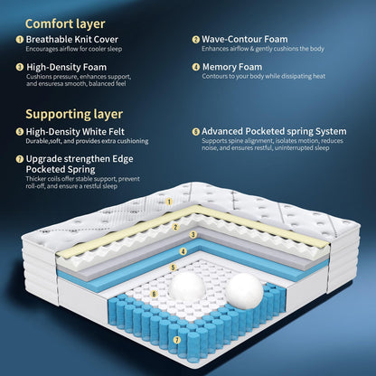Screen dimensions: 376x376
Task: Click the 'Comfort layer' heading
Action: coord(65,24)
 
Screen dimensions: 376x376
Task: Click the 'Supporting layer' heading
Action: coord(74,115)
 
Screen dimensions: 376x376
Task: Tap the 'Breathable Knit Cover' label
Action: coord(72,40)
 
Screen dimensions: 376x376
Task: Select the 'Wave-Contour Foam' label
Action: coord(245,39)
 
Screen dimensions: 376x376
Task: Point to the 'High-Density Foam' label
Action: coord(67,67)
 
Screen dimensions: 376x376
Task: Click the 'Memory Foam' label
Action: coord(232,67)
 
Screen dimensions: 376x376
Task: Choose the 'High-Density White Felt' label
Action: coord(75,132)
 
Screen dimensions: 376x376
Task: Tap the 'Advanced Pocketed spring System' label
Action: coord(274,131)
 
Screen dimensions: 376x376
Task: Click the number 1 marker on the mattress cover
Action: coord(169,202)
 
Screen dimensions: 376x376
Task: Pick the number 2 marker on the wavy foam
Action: coord(175,227)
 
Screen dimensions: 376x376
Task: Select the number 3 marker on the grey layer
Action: coord(193,235)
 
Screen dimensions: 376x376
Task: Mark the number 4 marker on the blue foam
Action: coord(183,251)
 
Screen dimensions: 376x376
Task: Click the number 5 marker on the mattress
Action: coord(173,268)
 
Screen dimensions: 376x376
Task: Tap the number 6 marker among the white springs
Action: coord(155,294)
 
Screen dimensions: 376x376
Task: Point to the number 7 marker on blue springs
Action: coord(177,340)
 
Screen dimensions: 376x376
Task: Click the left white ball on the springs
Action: coord(187,287)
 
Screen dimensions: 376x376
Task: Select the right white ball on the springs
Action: coord(244,291)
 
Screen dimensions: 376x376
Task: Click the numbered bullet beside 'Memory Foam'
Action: coord(196,67)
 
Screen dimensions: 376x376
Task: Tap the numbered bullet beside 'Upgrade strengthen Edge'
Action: coord(20,159)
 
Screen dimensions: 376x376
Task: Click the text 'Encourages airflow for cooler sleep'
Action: coord(74,49)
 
